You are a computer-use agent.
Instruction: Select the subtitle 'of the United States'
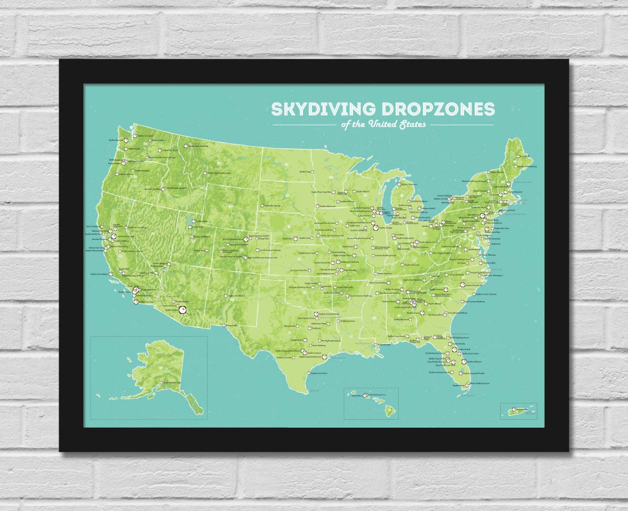383,124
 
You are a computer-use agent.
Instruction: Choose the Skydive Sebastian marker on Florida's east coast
464,361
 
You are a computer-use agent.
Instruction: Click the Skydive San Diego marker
136,302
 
